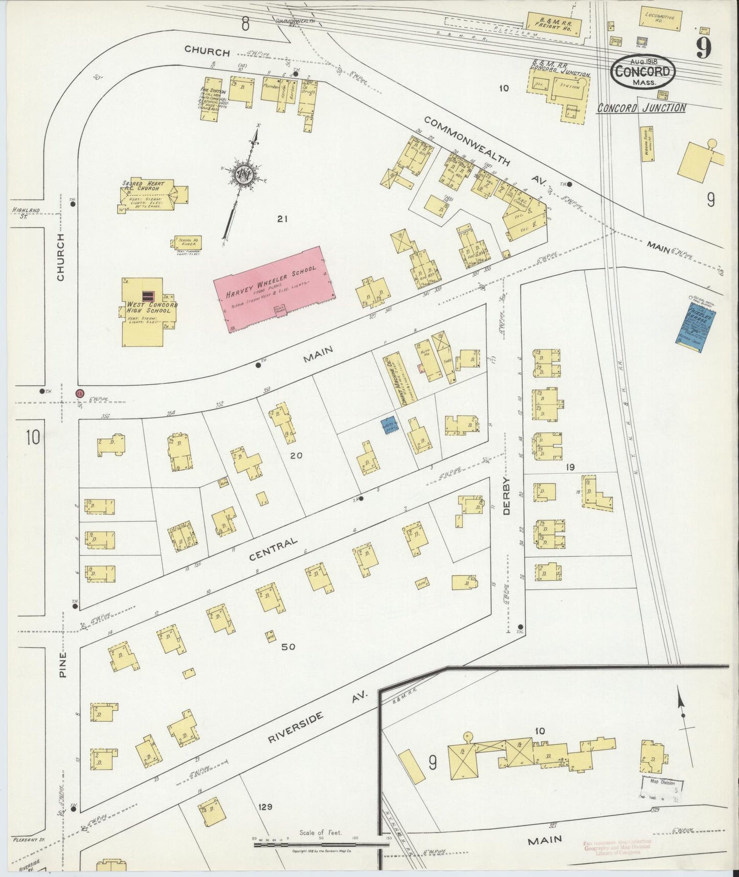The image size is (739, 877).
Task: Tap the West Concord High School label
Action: [x=152, y=307]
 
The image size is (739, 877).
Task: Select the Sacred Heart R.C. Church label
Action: [x=141, y=185]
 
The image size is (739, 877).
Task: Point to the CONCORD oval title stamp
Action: [x=642, y=72]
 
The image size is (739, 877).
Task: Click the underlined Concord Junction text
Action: [x=642, y=108]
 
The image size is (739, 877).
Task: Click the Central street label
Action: [x=274, y=549]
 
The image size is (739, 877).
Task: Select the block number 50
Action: [x=288, y=647]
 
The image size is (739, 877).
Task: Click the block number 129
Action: [x=265, y=807]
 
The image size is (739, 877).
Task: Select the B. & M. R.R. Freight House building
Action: [x=554, y=25]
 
